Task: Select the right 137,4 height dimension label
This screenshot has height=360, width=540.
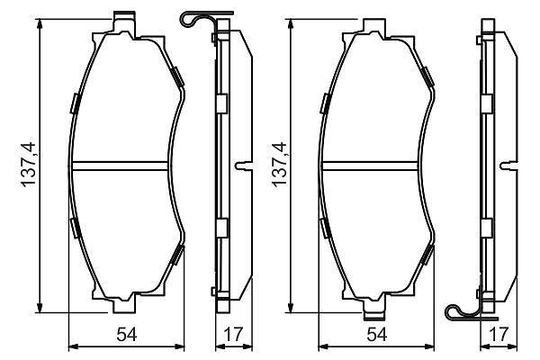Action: [x=279, y=165]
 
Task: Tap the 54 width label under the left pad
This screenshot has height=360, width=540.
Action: [x=127, y=334]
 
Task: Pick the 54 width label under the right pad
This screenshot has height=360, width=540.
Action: [x=377, y=334]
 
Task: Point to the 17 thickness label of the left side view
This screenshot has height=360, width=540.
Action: [x=233, y=334]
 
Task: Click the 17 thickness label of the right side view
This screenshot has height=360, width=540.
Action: [x=499, y=334]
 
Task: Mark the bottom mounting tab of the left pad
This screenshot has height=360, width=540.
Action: [x=124, y=302]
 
